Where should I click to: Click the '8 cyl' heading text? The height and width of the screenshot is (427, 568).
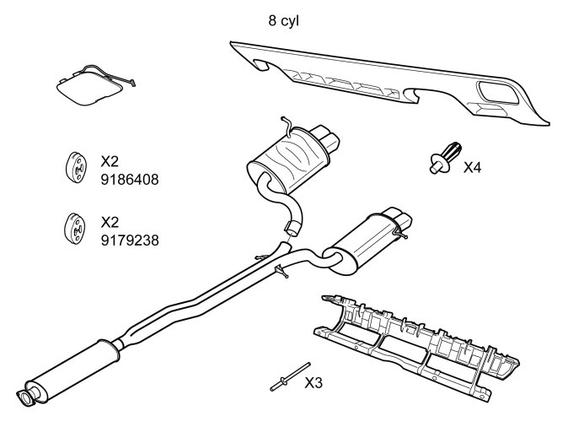pos(284,19)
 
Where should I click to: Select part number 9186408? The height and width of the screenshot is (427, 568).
pos(129,180)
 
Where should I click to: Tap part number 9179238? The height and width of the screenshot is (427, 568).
pos(129,241)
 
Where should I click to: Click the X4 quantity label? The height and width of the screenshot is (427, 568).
pos(473,167)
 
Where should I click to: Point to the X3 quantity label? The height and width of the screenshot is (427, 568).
pos(313,382)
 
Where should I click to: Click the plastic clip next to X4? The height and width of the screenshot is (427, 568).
pos(444,158)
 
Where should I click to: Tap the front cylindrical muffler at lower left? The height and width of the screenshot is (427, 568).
pos(72,365)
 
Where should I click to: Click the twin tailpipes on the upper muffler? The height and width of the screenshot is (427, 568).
pos(327,136)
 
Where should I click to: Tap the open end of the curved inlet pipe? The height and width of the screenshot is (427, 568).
pos(294,226)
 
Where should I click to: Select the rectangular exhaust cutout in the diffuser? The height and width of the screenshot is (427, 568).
pos(496,90)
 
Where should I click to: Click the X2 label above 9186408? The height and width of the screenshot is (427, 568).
pos(110,160)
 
